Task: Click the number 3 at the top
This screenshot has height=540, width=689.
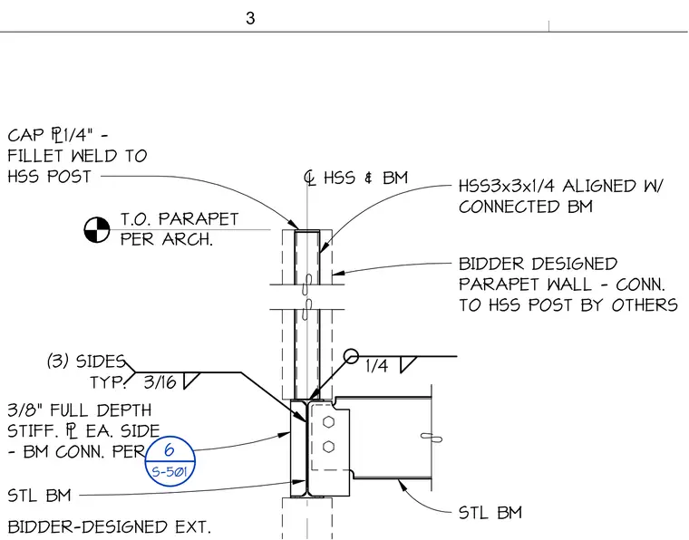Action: [x=250, y=18]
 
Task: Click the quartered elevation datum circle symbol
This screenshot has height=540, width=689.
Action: [x=97, y=229]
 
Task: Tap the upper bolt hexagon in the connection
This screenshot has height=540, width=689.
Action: [x=328, y=422]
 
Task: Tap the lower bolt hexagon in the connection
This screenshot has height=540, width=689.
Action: [x=328, y=447]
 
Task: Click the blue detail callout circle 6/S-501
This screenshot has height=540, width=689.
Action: [x=170, y=461]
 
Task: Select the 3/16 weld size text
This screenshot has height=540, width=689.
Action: [x=160, y=382]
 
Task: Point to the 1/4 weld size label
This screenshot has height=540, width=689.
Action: [x=376, y=366]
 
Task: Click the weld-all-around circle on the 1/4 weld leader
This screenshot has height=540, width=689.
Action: [x=351, y=356]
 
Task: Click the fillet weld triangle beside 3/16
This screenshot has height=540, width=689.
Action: [x=191, y=381]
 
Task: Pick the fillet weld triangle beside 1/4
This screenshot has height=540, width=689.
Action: [x=408, y=364]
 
